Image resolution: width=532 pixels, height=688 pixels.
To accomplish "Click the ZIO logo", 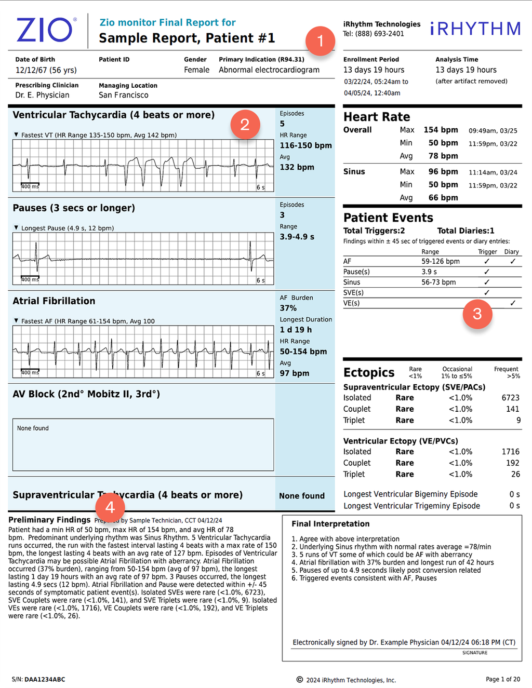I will [x=46, y=30].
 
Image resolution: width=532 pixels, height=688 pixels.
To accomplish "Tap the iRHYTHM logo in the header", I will [x=475, y=29].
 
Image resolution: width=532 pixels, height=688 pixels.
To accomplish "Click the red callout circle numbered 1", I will [x=320, y=41].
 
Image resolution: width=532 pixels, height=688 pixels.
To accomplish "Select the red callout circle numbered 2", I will [x=245, y=125].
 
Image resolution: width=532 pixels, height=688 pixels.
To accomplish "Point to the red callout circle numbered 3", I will [x=477, y=314].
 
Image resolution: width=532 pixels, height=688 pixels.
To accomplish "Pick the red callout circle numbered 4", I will [x=110, y=507].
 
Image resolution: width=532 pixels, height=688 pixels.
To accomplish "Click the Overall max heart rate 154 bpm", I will [x=441, y=130].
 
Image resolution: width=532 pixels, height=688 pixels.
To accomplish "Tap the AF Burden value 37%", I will [x=288, y=308].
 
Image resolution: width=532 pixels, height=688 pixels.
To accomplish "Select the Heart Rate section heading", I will [x=377, y=117].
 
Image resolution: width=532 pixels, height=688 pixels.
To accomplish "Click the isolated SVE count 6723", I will [x=510, y=398].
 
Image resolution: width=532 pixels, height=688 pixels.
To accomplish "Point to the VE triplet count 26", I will [x=515, y=474].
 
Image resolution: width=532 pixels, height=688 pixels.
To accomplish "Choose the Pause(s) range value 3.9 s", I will [x=429, y=272].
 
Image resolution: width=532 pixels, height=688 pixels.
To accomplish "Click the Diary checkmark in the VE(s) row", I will [x=512, y=303].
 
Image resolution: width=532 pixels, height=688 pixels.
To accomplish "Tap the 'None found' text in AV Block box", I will [x=33, y=428].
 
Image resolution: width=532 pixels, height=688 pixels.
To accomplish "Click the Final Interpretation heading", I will [x=330, y=524].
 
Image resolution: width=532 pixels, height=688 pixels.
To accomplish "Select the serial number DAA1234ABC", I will [x=45, y=679].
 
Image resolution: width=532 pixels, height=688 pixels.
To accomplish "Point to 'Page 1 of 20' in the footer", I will [x=502, y=679].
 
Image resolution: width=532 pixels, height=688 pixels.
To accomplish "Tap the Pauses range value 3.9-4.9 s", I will [x=297, y=237].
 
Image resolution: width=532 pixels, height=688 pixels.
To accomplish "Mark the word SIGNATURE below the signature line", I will [x=474, y=653].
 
